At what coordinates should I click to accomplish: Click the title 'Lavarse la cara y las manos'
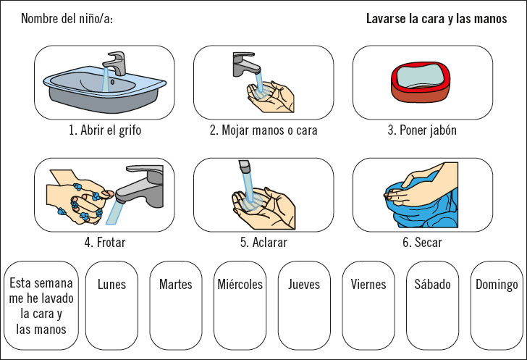click(x=437, y=19)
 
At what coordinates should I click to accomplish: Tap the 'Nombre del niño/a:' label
click(x=67, y=19)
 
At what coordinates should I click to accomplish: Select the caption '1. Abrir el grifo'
click(x=105, y=130)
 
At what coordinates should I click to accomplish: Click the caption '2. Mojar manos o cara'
click(x=263, y=130)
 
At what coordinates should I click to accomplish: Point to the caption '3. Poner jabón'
click(x=422, y=130)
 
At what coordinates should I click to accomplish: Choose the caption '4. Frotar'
click(x=105, y=242)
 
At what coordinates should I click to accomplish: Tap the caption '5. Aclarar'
click(x=263, y=242)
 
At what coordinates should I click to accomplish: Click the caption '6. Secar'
click(x=422, y=242)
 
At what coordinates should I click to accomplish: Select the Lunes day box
click(x=111, y=306)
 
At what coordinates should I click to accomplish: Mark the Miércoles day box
click(x=240, y=306)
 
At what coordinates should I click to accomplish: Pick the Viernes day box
click(x=368, y=306)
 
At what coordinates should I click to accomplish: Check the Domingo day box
click(x=497, y=306)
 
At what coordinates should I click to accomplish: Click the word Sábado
click(x=433, y=285)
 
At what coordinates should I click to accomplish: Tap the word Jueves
click(x=304, y=285)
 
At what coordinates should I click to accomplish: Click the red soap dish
click(x=421, y=82)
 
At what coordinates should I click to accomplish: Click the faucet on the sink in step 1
click(x=114, y=63)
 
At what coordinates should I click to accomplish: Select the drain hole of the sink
click(x=112, y=82)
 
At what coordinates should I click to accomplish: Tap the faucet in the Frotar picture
click(x=140, y=186)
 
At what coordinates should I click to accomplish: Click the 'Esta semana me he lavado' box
click(x=41, y=306)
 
